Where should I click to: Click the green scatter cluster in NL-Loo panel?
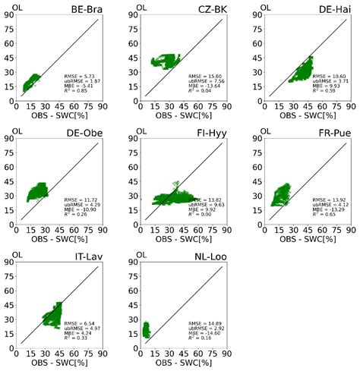coord(147,329)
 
